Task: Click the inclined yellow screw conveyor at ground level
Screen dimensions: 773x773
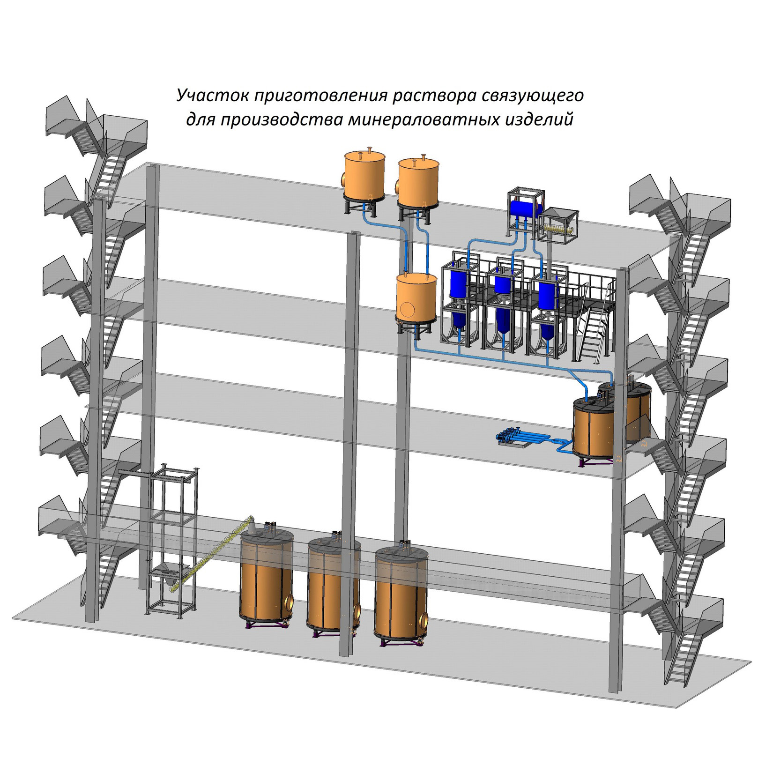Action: pyautogui.click(x=210, y=555)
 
